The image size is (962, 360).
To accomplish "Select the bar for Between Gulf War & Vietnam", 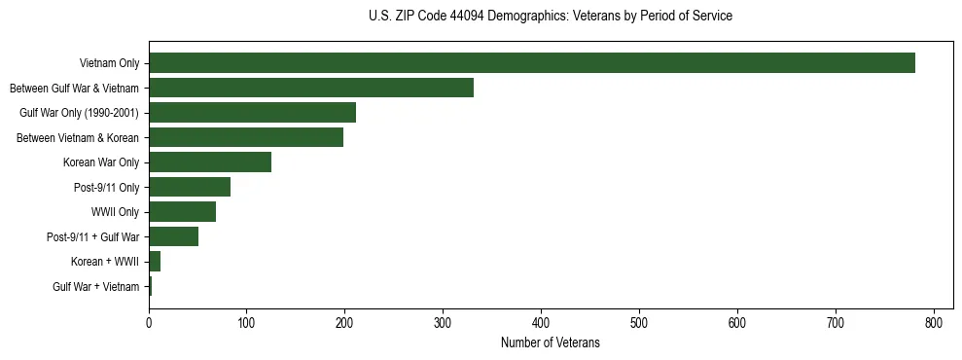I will (x=311, y=88).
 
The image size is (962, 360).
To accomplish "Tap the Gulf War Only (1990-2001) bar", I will (x=252, y=113).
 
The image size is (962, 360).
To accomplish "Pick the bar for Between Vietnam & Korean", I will (x=246, y=137).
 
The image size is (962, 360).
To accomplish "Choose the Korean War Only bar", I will (x=210, y=162).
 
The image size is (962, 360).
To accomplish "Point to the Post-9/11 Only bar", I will (x=190, y=187).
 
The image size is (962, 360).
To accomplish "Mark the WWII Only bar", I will (x=182, y=212).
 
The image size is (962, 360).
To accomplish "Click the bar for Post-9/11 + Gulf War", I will (x=173, y=236).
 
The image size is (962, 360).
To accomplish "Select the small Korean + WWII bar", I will (x=155, y=262).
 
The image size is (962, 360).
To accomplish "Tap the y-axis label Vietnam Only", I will (x=109, y=64).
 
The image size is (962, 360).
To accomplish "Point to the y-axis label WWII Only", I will (x=115, y=212).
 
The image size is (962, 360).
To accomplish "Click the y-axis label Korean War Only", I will (x=101, y=162).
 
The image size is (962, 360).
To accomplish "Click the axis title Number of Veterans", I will (x=550, y=342).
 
